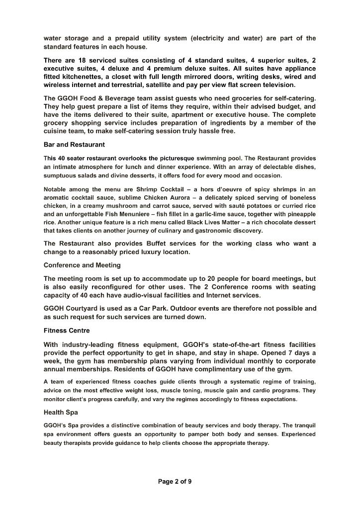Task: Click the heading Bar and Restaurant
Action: click(74, 145)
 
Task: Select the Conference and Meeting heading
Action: click(82, 265)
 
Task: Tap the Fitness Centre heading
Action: click(67, 330)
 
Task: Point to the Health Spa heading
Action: click(61, 413)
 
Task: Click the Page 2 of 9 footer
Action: click(175, 481)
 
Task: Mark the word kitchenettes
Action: click(86, 77)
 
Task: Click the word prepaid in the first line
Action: click(132, 38)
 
